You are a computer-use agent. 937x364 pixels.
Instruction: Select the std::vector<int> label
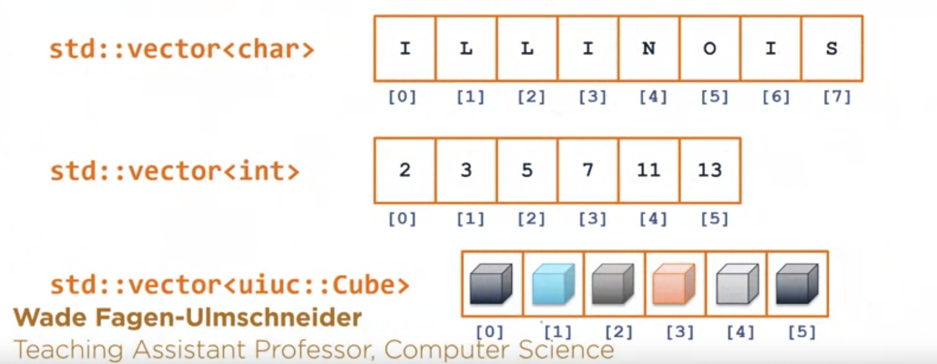tap(174, 171)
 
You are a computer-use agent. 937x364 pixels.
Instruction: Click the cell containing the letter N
tap(649, 49)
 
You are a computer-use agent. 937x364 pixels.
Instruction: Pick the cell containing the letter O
tap(710, 49)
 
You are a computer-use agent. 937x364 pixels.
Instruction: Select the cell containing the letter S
tap(832, 49)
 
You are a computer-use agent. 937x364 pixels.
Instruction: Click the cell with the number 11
tap(649, 171)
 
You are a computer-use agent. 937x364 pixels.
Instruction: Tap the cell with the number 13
tap(710, 171)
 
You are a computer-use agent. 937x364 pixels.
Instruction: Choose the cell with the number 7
tap(588, 171)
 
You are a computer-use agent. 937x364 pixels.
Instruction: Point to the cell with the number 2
tap(404, 171)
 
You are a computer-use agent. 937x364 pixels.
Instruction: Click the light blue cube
tap(553, 284)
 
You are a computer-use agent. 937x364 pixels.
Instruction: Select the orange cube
tap(674, 284)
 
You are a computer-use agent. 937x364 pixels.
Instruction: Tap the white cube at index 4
tap(736, 284)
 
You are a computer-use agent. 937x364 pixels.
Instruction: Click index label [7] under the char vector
tap(837, 97)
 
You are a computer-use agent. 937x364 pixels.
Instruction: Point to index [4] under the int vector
tap(653, 218)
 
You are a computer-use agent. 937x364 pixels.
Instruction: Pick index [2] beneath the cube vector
tap(618, 332)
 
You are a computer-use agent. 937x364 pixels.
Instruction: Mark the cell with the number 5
tap(527, 171)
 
